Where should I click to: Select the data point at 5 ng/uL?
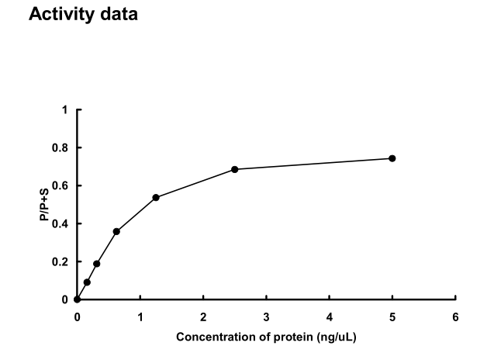pos(392,158)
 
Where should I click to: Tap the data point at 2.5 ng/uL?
pos(234,169)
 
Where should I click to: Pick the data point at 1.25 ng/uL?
pos(156,197)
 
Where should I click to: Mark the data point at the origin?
pos(77,299)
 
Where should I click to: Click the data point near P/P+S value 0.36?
pos(116,231)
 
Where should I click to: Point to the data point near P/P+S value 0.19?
pos(96,264)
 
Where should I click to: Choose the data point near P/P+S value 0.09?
pos(87,282)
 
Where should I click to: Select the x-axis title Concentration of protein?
pos(266,337)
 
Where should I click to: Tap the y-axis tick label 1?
pos(65,109)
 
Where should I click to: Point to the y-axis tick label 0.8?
pos(61,147)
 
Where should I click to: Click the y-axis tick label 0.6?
pos(61,185)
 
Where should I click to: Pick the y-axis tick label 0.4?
pos(61,223)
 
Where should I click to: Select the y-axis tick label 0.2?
pos(61,261)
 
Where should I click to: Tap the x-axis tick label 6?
pos(455,317)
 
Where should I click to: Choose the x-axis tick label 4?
pos(329,317)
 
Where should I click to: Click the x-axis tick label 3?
pos(266,317)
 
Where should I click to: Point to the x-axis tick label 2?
pos(203,317)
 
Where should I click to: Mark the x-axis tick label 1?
pos(140,317)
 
